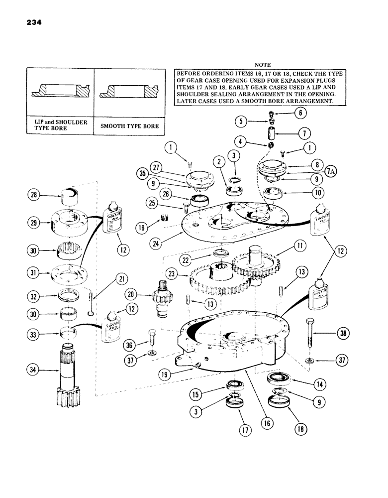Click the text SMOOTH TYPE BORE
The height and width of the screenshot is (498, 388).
pyautogui.click(x=129, y=126)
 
